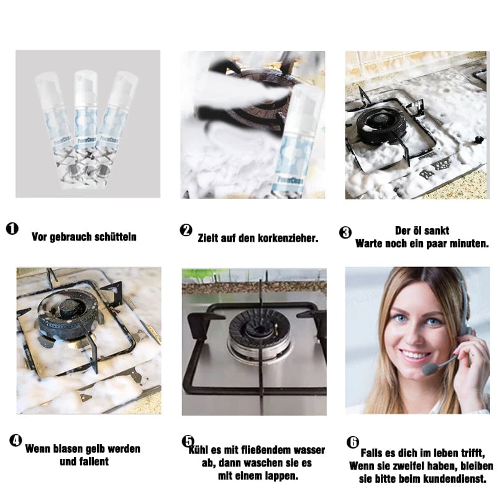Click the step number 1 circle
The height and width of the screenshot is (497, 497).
click(12, 229)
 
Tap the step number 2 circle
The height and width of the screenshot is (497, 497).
click(186, 230)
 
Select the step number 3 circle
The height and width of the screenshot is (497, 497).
click(345, 232)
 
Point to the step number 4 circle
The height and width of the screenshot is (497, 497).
click(16, 440)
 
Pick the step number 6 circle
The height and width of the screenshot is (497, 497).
click(352, 442)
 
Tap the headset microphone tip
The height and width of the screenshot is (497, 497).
click(429, 369)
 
